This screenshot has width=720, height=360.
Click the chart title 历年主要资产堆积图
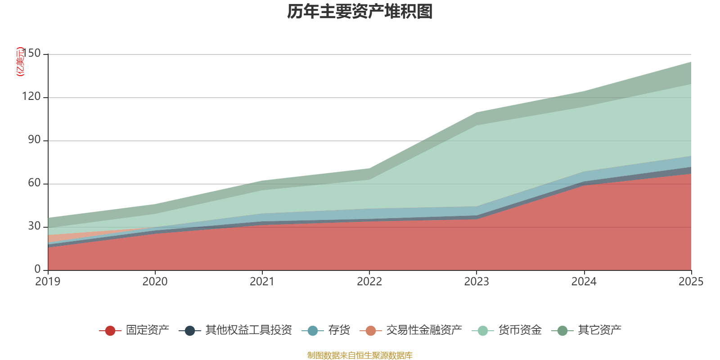tap(360, 12)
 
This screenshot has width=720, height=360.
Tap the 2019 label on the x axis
tap(48, 282)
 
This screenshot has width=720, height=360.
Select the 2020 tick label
tap(155, 282)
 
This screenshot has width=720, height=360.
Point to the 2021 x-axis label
tap(262, 282)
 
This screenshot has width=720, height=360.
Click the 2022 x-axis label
tap(369, 282)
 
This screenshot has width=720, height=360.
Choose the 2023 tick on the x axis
tap(477, 282)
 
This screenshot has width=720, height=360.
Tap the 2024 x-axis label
tap(584, 282)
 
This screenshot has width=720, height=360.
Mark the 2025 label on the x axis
tap(690, 282)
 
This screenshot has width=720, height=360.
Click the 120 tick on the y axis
tap(31, 97)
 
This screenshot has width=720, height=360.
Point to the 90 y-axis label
tap(35, 140)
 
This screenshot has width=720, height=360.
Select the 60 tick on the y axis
tap(35, 183)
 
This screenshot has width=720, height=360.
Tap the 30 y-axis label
tap(35, 226)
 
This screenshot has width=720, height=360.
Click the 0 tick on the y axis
tap(38, 269)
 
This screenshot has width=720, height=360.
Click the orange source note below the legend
tap(360, 355)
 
